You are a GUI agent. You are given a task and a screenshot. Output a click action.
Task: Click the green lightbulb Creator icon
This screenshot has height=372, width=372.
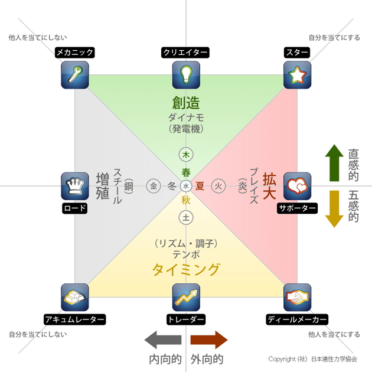pyautogui.click(x=186, y=74)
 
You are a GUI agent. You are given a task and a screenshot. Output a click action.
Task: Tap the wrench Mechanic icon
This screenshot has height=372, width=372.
pyautogui.click(x=74, y=74)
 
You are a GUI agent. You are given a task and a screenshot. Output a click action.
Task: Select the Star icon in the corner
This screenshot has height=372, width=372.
pyautogui.click(x=298, y=74)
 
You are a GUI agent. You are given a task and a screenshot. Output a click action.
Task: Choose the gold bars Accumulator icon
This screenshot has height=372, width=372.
pyautogui.click(x=74, y=297)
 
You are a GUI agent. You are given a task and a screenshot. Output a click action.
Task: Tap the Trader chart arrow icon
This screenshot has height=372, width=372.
pyautogui.click(x=186, y=297)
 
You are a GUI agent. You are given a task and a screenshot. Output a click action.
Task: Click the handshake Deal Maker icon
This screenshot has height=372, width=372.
pyautogui.click(x=298, y=297)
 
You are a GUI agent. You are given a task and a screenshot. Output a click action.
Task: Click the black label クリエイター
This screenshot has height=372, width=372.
pyautogui.click(x=186, y=53)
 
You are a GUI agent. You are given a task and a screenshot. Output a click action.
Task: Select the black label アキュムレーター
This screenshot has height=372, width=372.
pyautogui.click(x=74, y=319)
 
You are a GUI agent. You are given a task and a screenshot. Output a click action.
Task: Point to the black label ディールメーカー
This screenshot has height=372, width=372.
pyautogui.click(x=297, y=319)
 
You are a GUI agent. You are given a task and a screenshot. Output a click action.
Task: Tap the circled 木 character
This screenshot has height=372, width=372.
pyautogui.click(x=186, y=155)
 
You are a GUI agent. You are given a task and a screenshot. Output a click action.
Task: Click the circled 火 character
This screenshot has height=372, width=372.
pyautogui.click(x=218, y=186)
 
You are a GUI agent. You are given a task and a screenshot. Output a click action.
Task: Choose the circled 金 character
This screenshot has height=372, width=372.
pyautogui.click(x=154, y=186)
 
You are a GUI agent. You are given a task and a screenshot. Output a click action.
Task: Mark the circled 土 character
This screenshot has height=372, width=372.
pyautogui.click(x=186, y=217)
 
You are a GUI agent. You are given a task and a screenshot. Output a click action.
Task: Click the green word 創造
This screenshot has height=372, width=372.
pyautogui.click(x=186, y=102)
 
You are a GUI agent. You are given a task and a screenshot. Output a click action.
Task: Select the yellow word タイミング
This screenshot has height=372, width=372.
pyautogui.click(x=186, y=270)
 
